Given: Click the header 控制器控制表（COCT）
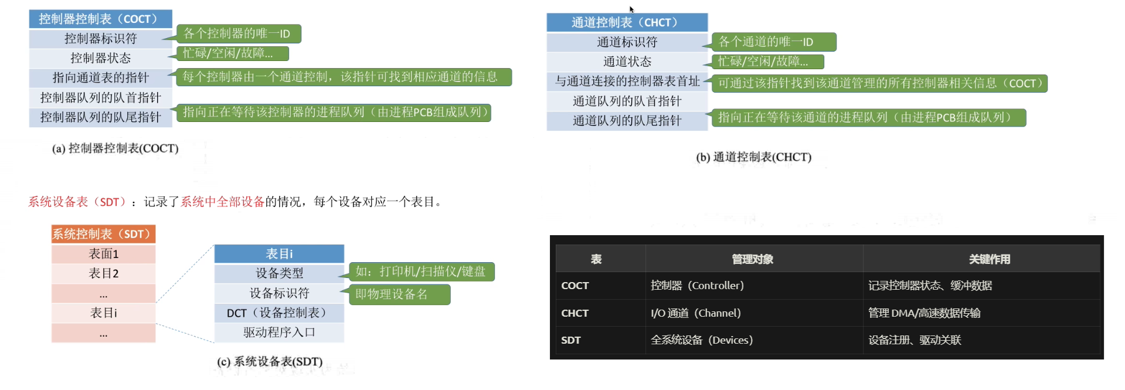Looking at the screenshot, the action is [x=100, y=19].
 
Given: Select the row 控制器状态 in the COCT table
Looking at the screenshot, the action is [x=100, y=58].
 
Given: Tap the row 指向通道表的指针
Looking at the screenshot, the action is [x=100, y=77].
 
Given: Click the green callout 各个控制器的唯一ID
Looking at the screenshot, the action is [x=238, y=33].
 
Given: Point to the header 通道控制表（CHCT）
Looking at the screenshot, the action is [x=626, y=22].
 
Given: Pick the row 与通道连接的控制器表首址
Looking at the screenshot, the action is [x=627, y=81].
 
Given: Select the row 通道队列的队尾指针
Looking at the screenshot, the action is [x=627, y=121].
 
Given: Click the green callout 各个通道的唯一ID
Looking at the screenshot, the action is [x=773, y=42].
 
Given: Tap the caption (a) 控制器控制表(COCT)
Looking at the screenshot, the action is [x=115, y=148].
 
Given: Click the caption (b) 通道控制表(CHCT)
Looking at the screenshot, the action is [x=753, y=157].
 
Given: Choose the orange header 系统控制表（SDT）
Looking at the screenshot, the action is [x=103, y=234].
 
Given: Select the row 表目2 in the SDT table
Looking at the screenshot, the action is [x=103, y=273].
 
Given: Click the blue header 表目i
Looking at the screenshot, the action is [x=279, y=253].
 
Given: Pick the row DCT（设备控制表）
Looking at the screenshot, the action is [x=279, y=313].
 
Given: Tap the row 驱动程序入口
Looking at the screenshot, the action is [x=279, y=333].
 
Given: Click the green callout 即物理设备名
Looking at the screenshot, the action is [x=399, y=294].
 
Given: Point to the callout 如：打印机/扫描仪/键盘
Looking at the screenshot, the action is [x=421, y=272].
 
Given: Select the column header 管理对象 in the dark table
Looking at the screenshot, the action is [x=753, y=259].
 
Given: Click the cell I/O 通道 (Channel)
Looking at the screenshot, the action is [x=696, y=313].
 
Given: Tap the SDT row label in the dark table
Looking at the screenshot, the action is [x=570, y=340].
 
